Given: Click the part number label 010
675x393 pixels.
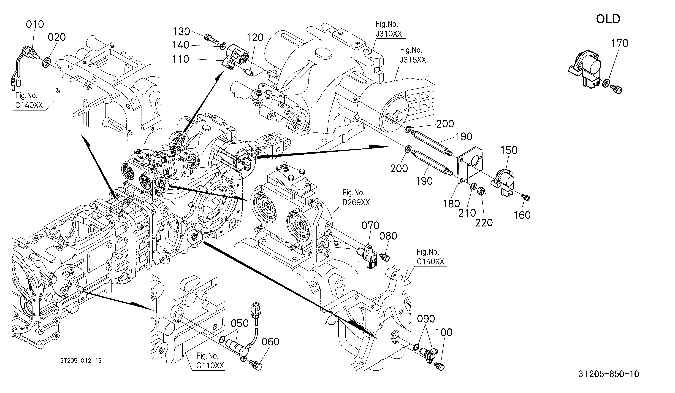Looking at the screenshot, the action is pyautogui.click(x=35, y=24).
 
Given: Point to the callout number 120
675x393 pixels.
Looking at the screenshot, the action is pyautogui.click(x=255, y=38).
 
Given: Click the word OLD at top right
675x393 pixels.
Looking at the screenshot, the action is pyautogui.click(x=608, y=19).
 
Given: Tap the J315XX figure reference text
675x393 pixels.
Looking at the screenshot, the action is pyautogui.click(x=413, y=60).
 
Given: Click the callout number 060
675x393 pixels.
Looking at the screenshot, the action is pyautogui.click(x=270, y=342).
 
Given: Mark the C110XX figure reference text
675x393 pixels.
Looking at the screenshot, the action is pyautogui.click(x=210, y=365).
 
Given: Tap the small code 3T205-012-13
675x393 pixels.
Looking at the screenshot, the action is pyautogui.click(x=81, y=361).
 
